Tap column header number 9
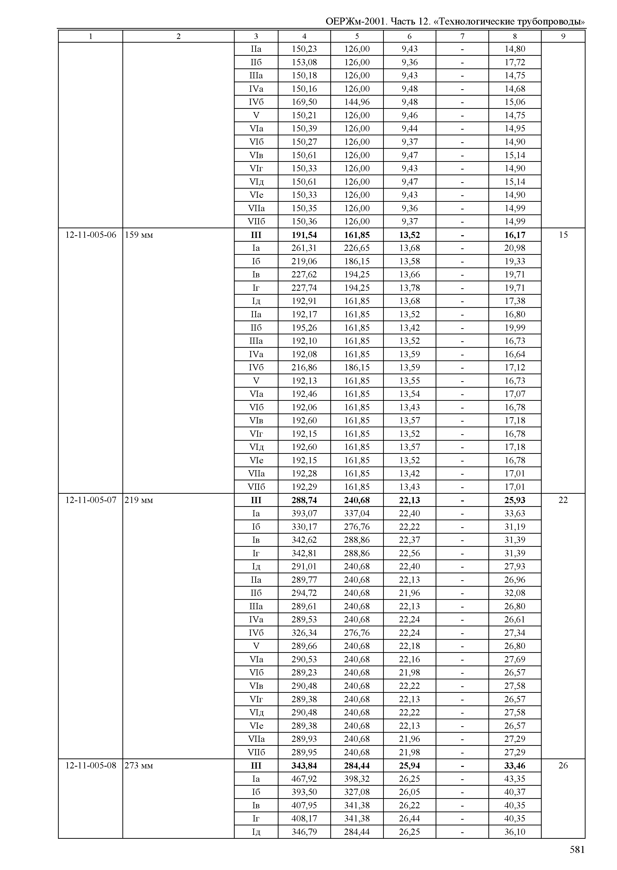click(x=563, y=36)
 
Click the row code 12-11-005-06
click(x=91, y=235)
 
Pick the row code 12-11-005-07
click(x=91, y=500)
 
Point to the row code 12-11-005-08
click(x=91, y=765)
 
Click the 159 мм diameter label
click(x=139, y=235)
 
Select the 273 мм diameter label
click(x=139, y=765)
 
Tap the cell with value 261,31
click(x=304, y=248)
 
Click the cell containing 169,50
click(x=304, y=102)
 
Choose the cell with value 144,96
click(x=357, y=102)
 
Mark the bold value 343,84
click(x=304, y=765)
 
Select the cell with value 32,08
click(x=515, y=593)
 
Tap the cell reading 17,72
click(x=515, y=62)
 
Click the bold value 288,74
click(x=304, y=500)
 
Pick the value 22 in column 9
click(x=563, y=500)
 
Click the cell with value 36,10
click(x=515, y=832)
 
